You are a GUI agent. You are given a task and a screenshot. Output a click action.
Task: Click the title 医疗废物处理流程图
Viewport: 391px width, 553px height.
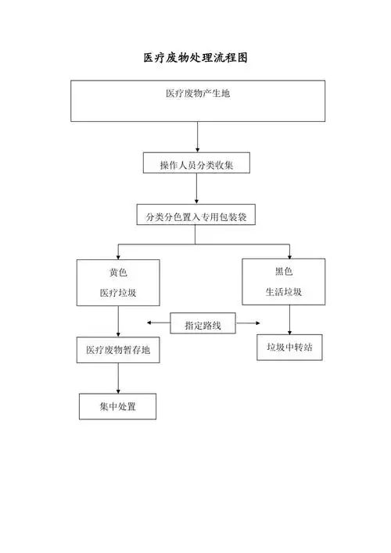[195, 59]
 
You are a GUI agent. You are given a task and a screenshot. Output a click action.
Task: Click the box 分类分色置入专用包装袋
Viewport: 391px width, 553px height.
[196, 215]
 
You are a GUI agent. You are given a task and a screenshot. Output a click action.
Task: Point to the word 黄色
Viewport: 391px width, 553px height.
[118, 273]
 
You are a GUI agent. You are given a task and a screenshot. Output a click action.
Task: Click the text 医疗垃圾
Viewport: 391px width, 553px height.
[118, 294]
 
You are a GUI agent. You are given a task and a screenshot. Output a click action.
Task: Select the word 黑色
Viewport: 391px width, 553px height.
[283, 272]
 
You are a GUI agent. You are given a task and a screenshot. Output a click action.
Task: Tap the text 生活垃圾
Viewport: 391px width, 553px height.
[283, 293]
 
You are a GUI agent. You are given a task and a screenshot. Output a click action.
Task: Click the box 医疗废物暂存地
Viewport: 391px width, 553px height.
[118, 351]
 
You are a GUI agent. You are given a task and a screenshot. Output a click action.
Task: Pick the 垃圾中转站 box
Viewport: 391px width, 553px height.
[289, 347]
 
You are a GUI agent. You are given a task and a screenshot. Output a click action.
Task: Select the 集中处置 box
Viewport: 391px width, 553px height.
[118, 406]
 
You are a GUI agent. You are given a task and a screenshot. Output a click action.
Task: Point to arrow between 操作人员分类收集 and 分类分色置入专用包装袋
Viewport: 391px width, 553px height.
[196, 189]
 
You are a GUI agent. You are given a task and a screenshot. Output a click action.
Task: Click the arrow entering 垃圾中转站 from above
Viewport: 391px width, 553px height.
[289, 320]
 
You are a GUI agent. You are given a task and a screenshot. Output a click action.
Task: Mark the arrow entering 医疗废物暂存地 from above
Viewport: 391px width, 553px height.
[118, 322]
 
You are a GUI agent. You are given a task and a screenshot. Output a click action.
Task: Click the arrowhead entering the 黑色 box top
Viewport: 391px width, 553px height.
[289, 255]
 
